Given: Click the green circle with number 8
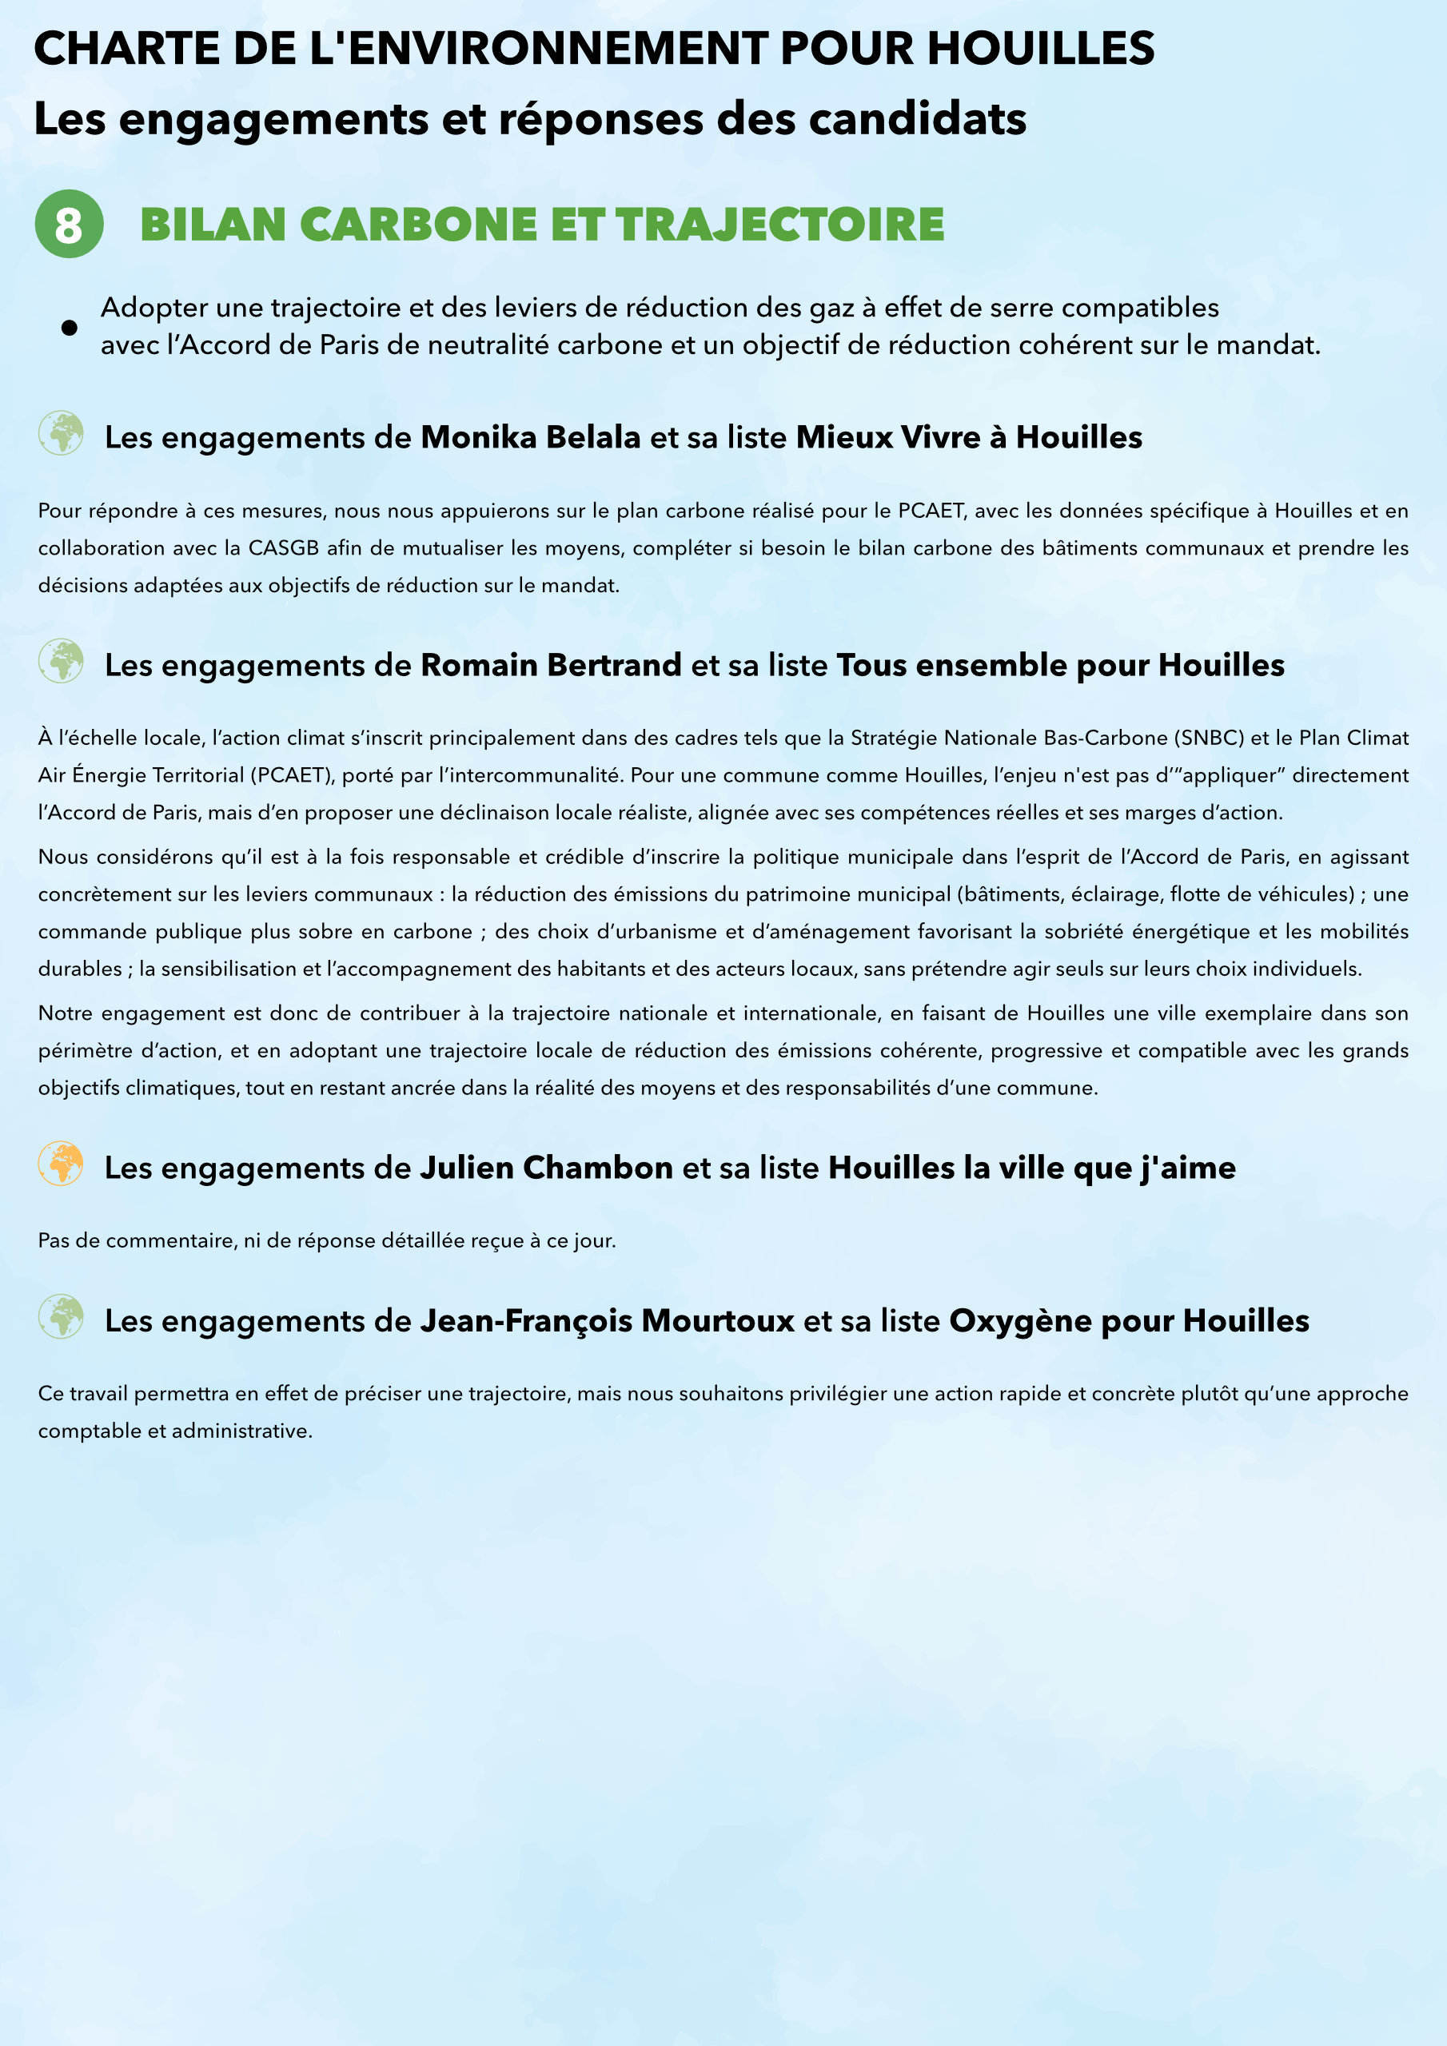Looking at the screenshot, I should coord(69,224).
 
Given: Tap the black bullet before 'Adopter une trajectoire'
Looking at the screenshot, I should coord(69,328).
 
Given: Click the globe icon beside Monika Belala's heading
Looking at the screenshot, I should coord(61,434).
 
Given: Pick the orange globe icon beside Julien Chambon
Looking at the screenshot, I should coord(61,1164).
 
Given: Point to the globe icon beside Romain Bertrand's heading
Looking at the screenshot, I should coord(61,661).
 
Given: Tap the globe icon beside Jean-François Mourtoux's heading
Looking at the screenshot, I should coord(61,1317).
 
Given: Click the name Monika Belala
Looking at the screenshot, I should coord(531,437).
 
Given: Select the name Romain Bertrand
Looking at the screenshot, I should coord(551,666).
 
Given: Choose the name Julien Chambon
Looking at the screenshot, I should coord(547,1168).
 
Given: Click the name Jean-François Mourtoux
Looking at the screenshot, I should coord(607,1320).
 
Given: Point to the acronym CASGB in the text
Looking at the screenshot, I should coord(283,548).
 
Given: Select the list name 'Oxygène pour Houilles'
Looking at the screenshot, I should coord(1129,1320).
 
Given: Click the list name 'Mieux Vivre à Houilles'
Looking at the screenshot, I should coord(969,437).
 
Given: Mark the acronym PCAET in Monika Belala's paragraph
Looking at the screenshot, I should coord(931,511).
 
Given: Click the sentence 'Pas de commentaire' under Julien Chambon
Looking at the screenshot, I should coord(326,1240).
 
